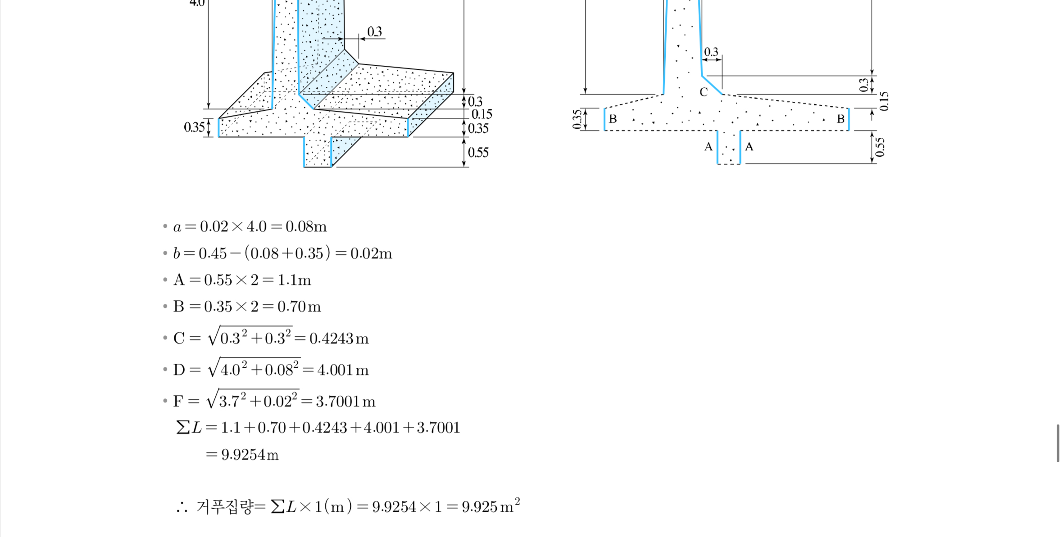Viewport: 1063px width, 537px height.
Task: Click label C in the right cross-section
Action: (x=704, y=92)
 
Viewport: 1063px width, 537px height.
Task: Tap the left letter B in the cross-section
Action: (x=613, y=119)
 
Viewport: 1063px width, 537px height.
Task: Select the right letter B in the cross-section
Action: (x=840, y=119)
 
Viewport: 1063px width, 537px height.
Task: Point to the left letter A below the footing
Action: (x=708, y=147)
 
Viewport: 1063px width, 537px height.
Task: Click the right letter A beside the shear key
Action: (x=749, y=147)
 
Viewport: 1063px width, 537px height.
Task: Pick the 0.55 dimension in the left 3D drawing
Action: (x=478, y=153)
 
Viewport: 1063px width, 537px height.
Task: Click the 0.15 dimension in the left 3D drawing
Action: (x=482, y=114)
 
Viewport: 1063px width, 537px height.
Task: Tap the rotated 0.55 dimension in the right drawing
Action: (x=880, y=147)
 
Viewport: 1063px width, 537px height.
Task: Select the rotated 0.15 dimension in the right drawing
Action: (x=884, y=101)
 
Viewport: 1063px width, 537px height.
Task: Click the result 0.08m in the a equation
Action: (x=306, y=226)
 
